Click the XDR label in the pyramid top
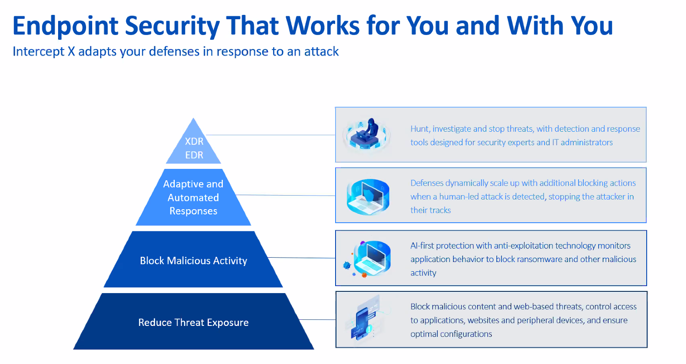click(194, 141)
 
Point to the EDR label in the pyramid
click(194, 155)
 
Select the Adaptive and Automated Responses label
click(193, 197)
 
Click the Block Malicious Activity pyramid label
click(193, 261)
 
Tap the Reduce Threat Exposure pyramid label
click(193, 322)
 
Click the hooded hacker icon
click(367, 134)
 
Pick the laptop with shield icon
click(368, 196)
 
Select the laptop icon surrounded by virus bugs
click(367, 259)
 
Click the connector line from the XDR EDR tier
click(270, 135)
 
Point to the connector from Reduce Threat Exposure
click(317, 319)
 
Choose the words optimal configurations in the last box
click(451, 334)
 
